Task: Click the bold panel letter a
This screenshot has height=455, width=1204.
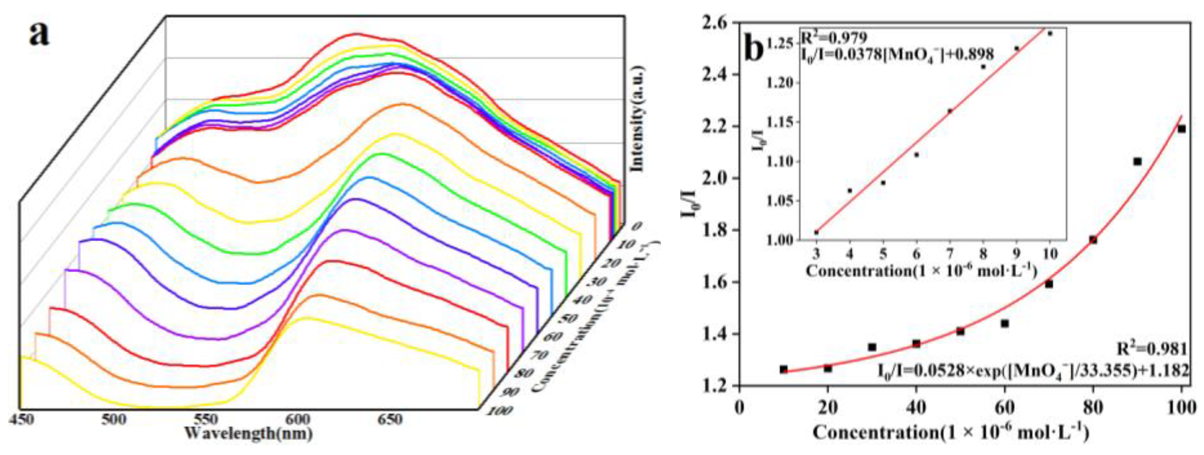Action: (39, 33)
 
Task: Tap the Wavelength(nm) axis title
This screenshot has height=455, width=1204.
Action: (248, 434)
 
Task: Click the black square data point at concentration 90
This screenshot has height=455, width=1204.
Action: (1137, 161)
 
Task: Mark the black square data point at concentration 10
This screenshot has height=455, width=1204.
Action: (784, 370)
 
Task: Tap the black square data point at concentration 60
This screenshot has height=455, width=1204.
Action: (1005, 324)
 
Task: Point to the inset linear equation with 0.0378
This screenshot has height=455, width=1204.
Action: (897, 54)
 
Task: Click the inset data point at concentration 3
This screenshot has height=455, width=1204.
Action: (817, 232)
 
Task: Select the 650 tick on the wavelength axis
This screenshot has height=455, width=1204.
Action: (389, 419)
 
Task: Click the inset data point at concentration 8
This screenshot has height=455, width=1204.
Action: (984, 67)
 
